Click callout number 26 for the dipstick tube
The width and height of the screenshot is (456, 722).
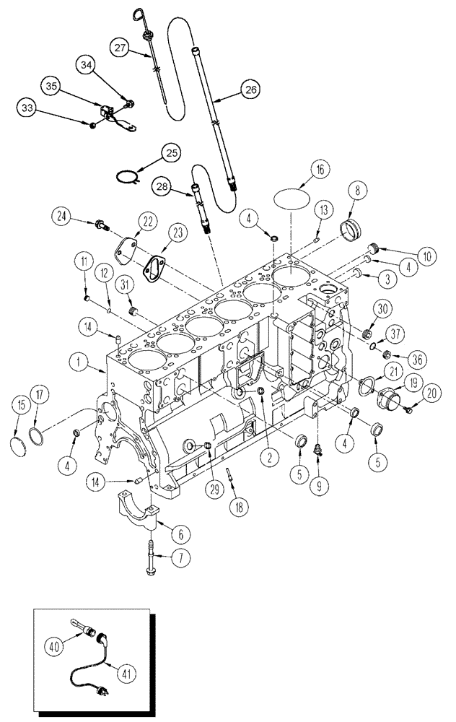[x=249, y=90]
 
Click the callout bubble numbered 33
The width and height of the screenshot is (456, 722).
[x=27, y=108]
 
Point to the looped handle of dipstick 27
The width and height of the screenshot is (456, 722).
[x=139, y=14]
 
